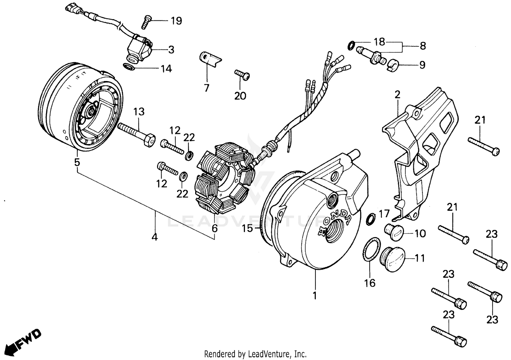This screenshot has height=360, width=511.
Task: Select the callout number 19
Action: (x=176, y=21)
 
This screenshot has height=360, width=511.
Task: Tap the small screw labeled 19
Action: (x=146, y=21)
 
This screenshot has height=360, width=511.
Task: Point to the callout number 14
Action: (x=166, y=69)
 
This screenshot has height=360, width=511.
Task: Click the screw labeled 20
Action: (x=242, y=75)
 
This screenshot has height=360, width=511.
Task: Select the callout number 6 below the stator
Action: (x=215, y=228)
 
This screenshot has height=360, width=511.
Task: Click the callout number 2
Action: (x=397, y=95)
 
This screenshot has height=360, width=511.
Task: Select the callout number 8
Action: (x=422, y=46)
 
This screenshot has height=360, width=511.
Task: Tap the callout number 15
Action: (x=248, y=228)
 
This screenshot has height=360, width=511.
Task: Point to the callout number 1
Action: (x=315, y=295)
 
